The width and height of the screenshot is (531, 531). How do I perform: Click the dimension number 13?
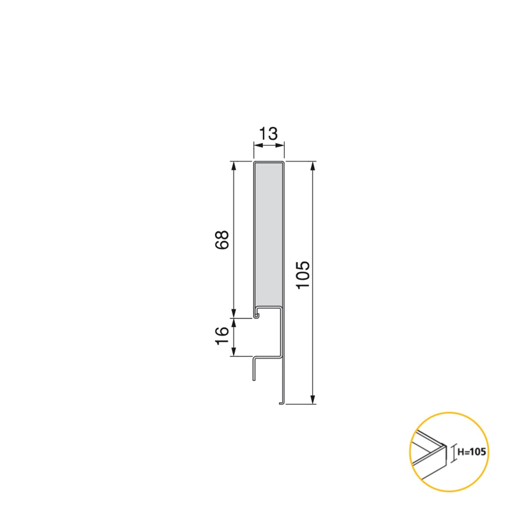(x=269, y=134)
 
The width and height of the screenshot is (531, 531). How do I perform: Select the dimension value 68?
(x=222, y=240)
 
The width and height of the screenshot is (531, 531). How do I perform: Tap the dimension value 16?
(x=222, y=336)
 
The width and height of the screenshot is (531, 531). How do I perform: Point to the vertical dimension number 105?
(x=304, y=275)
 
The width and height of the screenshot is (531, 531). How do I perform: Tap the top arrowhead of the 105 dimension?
(x=312, y=166)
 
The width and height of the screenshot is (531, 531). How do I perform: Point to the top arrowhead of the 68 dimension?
(x=233, y=166)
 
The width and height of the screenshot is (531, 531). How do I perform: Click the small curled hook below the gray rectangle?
(x=256, y=315)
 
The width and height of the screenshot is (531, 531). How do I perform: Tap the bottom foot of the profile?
(x=281, y=403)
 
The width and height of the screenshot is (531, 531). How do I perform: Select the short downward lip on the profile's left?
(x=254, y=369)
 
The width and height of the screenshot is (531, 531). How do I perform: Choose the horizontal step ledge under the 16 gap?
(x=266, y=356)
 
